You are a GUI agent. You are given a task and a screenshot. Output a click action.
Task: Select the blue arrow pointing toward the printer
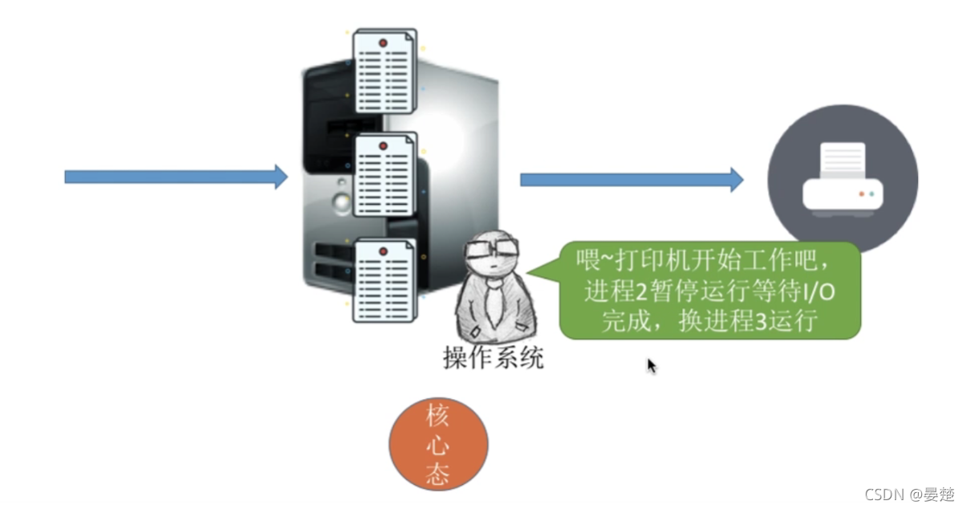click(631, 179)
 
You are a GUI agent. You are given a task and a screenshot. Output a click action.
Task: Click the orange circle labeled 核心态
click(438, 444)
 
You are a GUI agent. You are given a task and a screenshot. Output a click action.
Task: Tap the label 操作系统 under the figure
click(493, 357)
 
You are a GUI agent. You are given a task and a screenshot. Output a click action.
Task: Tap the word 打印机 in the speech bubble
click(671, 261)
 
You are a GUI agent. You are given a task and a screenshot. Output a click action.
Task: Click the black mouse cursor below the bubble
click(651, 365)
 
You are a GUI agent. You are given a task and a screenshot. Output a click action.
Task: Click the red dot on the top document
click(383, 42)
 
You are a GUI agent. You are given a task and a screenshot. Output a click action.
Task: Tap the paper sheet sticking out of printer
click(842, 161)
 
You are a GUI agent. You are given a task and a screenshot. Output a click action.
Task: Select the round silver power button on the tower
click(343, 202)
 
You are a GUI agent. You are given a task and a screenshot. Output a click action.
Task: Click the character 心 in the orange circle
click(437, 446)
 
